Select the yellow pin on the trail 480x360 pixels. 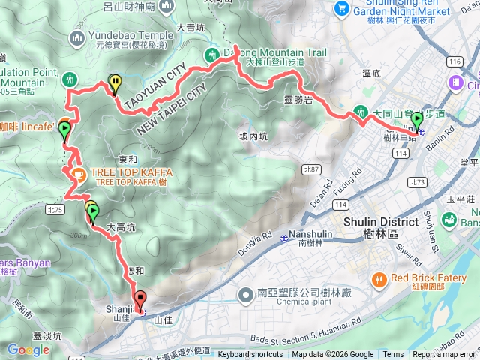(115, 84)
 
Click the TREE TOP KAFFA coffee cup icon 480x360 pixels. (77, 173)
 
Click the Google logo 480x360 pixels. (28, 349)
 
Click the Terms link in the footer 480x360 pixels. (393, 355)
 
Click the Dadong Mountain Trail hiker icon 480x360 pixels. (211, 55)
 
